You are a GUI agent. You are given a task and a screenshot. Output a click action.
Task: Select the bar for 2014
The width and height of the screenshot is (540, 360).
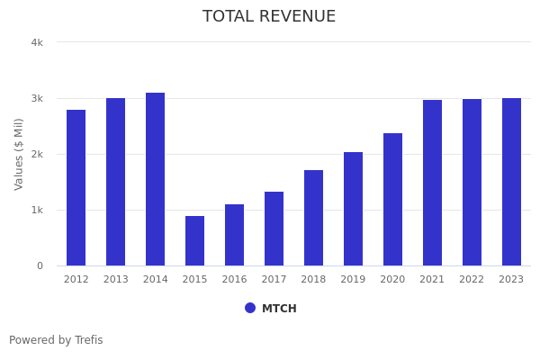155,179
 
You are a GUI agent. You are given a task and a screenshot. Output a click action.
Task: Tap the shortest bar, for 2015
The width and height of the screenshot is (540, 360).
194,240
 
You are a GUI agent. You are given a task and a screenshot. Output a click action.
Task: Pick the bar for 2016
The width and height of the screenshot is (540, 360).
234,235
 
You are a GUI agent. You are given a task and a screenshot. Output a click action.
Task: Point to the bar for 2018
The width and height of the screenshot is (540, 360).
313,218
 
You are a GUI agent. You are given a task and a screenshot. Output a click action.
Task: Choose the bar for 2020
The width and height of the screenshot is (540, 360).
392,199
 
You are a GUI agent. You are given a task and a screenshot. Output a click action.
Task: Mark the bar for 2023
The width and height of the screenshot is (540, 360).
511,182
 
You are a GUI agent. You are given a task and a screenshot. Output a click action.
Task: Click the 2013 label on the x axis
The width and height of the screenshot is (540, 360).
115,280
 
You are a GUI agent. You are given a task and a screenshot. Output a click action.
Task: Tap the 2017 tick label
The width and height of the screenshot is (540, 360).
274,280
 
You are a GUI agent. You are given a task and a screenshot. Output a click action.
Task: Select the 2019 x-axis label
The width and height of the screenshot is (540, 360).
353,280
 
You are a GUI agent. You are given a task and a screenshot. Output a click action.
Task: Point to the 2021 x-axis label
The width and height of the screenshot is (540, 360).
432,280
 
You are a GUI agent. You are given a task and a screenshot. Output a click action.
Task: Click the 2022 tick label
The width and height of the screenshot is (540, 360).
472,280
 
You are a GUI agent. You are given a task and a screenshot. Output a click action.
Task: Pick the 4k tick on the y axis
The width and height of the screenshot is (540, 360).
37,42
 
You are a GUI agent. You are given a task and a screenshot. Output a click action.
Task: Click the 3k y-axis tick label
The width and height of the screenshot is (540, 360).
37,98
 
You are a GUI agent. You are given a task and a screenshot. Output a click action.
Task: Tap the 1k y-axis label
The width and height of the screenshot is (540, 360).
37,210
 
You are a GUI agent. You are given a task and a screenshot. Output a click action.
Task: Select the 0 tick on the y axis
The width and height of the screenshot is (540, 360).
40,265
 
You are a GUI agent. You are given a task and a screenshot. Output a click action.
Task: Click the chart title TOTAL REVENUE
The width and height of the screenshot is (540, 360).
269,17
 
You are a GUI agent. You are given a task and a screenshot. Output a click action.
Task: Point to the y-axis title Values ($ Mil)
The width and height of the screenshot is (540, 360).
20,154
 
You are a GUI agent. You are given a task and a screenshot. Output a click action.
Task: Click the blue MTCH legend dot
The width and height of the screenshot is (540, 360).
250,308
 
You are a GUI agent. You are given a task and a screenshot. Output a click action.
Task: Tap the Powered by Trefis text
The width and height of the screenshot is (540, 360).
56,340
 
